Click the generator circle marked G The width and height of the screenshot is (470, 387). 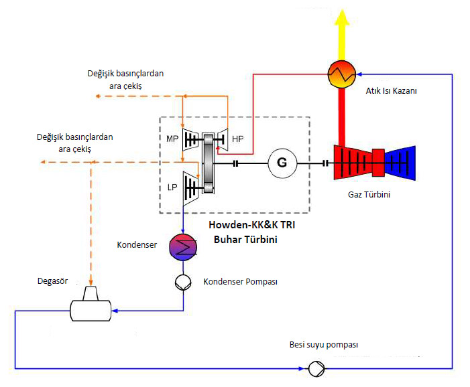pos(282,163)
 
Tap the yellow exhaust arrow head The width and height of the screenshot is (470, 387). pos(342,17)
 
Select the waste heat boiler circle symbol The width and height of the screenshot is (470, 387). pos(342,74)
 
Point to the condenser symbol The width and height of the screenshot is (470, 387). pos(183,247)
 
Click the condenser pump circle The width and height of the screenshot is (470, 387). pos(183,283)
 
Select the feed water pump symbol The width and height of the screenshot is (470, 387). pos(316,369)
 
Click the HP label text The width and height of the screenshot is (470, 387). pos(238,139)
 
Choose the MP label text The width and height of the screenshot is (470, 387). pos(172,139)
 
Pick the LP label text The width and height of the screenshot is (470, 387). pos(172,187)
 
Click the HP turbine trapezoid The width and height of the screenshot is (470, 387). pos(222,140)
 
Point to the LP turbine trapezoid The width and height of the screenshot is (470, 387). pos(190,189)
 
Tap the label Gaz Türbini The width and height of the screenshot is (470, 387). pos(369,195)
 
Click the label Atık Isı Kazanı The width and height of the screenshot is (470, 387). pos(391,91)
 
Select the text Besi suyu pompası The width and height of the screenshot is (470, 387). pos(324,345)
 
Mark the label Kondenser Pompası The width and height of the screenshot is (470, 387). pos(241,282)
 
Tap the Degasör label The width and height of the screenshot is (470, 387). pos(53,281)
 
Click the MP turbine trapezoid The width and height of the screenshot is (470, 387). pos(190,140)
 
